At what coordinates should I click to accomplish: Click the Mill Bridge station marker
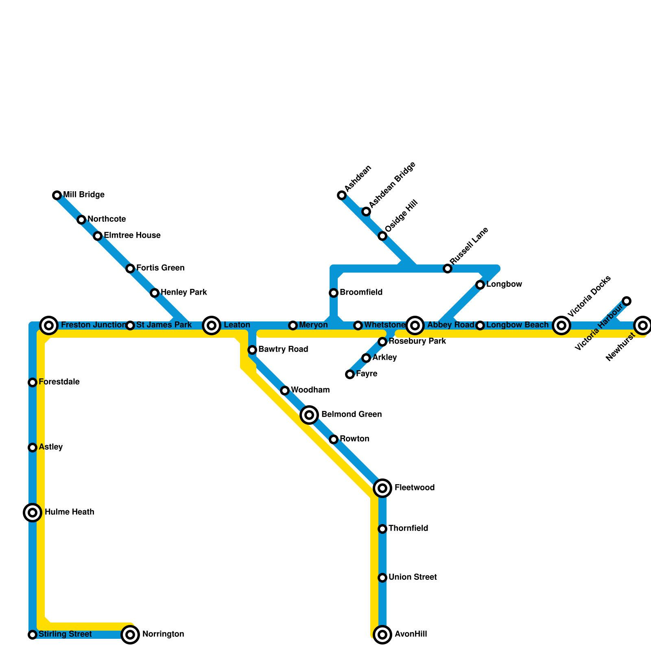point(57,195)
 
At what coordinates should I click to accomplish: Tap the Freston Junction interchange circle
point(49,325)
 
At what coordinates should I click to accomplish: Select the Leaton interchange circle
point(212,325)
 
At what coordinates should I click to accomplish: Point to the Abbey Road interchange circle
point(415,325)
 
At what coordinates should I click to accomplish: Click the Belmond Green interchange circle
point(309,415)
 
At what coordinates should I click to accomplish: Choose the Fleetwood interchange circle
point(382,488)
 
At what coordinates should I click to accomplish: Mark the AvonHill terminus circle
point(382,635)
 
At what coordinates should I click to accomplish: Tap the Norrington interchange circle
point(130,635)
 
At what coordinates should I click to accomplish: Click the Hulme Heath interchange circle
point(33,513)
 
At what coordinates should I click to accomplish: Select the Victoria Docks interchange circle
point(561,325)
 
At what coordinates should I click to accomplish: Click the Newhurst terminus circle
point(643,325)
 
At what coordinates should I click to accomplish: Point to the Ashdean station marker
point(342,195)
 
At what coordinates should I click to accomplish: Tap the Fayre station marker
point(350,374)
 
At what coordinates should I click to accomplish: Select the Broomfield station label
point(361,293)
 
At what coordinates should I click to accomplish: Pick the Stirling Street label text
point(65,634)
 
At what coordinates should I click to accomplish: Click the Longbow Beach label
point(517,325)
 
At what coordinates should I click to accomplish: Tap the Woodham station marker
point(285,391)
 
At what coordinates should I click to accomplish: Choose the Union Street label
point(413,577)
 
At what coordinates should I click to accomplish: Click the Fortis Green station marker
point(130,269)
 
